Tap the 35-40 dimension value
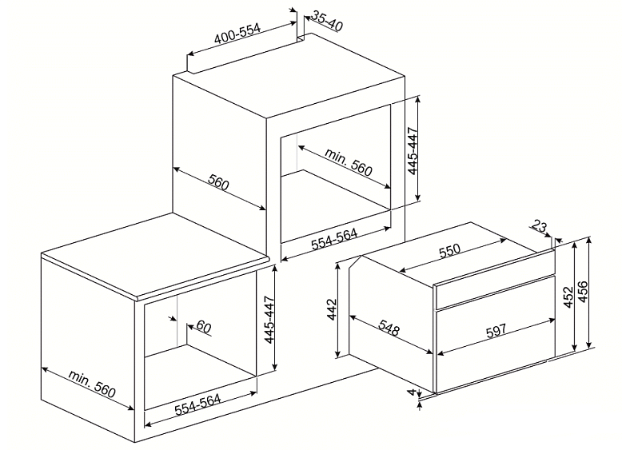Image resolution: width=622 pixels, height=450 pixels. tap(327, 21)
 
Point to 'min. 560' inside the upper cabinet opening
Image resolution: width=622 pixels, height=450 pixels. tap(349, 162)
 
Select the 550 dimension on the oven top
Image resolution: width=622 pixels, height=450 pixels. tap(449, 250)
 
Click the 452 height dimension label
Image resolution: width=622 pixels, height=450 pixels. tap(568, 297)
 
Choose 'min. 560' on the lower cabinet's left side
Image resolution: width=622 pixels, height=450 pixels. tap(93, 384)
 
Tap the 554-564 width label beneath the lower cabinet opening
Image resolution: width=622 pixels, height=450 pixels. tap(197, 406)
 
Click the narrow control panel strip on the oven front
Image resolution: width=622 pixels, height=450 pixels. tap(494, 293)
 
